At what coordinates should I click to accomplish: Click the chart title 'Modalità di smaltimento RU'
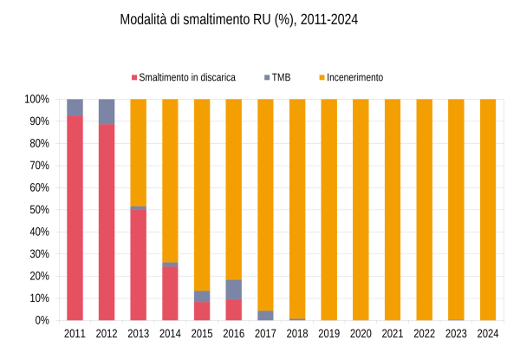tap(238, 19)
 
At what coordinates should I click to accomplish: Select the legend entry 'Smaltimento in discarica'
tap(187, 77)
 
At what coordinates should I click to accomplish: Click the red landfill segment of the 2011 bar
tap(75, 217)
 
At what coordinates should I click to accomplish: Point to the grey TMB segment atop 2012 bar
tap(107, 111)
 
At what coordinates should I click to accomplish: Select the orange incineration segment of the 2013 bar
tap(139, 152)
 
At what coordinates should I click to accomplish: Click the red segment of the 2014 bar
tap(170, 293)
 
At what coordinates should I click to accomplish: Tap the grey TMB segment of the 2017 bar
tap(265, 316)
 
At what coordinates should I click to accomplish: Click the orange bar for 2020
tap(361, 208)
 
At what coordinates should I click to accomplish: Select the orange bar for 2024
tap(488, 208)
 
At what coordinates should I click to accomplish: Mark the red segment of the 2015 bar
tap(202, 311)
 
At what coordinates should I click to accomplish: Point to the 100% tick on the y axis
tap(37, 100)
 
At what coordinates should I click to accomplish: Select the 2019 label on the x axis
tap(329, 334)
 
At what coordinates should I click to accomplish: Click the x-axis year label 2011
tap(75, 334)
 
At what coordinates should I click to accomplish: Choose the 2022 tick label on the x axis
tap(425, 334)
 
